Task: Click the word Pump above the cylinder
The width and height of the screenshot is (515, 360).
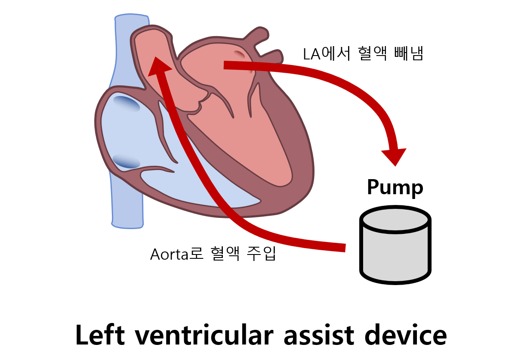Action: pyautogui.click(x=395, y=187)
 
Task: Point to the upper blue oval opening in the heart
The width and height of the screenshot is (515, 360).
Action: pyautogui.click(x=126, y=104)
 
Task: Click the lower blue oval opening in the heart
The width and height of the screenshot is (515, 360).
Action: pyautogui.click(x=126, y=161)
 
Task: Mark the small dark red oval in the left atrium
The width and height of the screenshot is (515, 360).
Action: pyautogui.click(x=240, y=54)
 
